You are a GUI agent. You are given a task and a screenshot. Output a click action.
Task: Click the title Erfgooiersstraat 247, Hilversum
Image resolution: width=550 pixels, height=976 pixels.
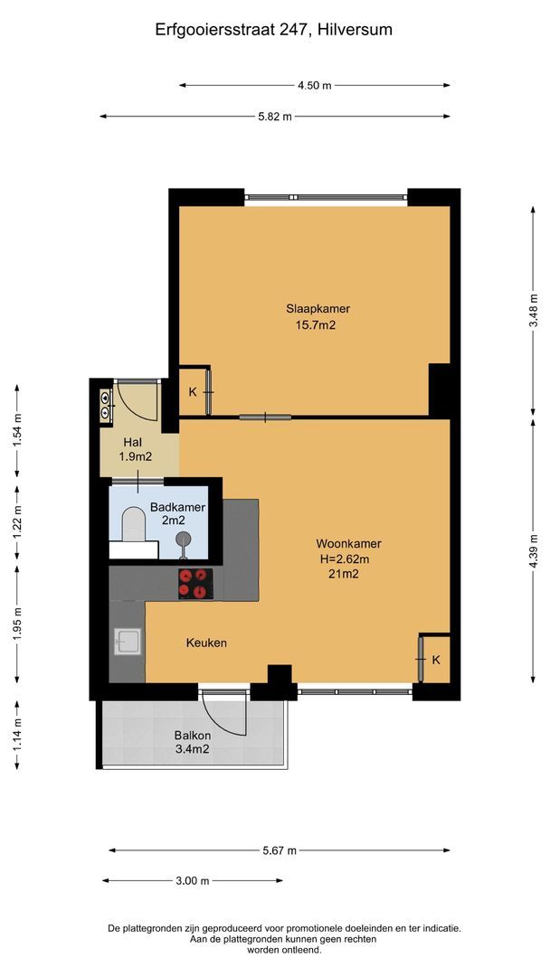pos(274,30)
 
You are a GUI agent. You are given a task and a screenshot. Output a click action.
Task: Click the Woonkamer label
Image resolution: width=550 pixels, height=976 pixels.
pos(348,544)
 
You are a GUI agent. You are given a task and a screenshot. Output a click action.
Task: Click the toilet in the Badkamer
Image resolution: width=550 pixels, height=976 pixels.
pos(135,525)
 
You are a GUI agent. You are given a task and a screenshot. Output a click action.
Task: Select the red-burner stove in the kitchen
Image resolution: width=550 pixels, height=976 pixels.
pos(193,583)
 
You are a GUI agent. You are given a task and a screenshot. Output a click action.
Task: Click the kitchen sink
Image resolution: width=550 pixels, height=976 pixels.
pos(127,643)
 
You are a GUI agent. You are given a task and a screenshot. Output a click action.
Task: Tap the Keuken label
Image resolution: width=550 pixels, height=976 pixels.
pos(206,643)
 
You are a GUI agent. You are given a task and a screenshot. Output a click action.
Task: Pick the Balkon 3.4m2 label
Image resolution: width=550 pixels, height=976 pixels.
pos(192,741)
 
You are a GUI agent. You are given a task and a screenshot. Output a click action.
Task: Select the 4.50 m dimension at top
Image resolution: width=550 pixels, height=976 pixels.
pos(314,86)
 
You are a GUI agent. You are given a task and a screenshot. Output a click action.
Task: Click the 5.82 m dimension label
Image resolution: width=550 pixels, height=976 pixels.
pos(275,117)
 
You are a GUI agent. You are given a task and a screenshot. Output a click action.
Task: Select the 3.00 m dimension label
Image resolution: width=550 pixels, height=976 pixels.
pos(192,881)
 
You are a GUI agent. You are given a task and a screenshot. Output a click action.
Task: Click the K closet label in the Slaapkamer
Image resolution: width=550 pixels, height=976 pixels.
pos(192,391)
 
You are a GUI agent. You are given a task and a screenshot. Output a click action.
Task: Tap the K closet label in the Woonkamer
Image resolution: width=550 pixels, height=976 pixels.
pos(435,660)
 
